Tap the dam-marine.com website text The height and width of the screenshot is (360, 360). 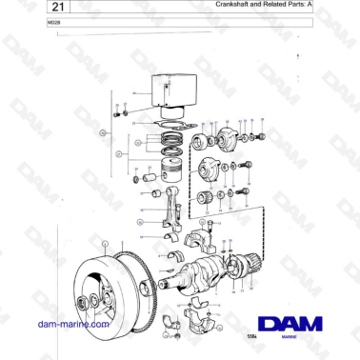pyautogui.click(x=70, y=324)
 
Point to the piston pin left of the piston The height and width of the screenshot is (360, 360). pyautogui.click(x=148, y=177)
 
